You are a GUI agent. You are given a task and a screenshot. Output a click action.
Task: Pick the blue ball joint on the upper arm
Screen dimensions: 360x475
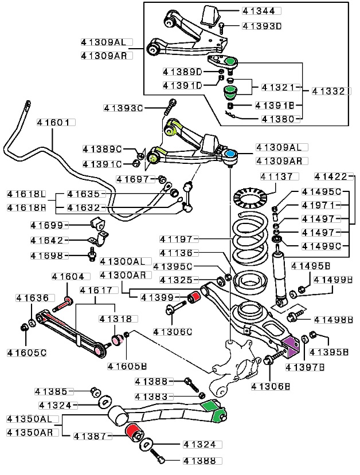[x=231, y=154]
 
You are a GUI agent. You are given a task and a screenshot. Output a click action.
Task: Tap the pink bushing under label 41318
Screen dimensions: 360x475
[x=116, y=339]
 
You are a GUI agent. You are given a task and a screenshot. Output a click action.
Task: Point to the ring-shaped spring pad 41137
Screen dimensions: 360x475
[x=250, y=198]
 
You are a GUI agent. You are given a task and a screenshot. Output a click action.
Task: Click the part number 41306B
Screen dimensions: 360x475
[x=271, y=387]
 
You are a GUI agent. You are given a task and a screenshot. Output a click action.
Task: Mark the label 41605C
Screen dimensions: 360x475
[x=27, y=353]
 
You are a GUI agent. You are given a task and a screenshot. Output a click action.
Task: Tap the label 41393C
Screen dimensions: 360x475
[x=123, y=108]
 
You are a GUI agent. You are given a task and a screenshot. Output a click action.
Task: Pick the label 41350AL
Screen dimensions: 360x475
[x=33, y=419]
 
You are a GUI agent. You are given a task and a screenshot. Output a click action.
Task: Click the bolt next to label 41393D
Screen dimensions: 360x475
[x=221, y=28]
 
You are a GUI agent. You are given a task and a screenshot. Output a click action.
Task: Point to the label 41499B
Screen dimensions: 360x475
[x=333, y=280]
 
